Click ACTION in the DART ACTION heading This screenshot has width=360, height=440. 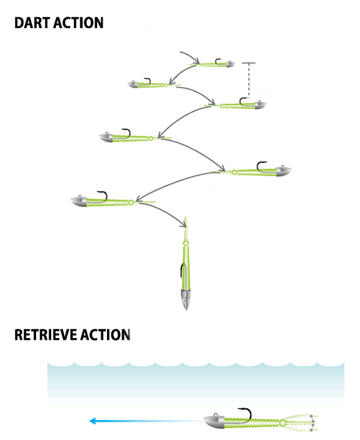(78, 23)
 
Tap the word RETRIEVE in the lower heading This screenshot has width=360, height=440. (46, 335)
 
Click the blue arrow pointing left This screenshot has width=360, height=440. (146, 421)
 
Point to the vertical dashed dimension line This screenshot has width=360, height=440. (249, 81)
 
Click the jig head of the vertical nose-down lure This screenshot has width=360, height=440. (186, 300)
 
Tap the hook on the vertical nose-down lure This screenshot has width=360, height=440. (182, 270)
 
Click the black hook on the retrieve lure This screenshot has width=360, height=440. (247, 413)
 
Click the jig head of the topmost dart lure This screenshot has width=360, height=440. (230, 64)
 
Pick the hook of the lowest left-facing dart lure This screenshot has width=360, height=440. (103, 196)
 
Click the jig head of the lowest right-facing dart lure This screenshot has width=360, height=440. (283, 171)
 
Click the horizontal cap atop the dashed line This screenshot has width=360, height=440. (249, 63)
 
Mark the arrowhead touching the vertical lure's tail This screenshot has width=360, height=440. (183, 224)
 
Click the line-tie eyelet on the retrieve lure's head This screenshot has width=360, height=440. (216, 415)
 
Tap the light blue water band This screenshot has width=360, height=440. (196, 382)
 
